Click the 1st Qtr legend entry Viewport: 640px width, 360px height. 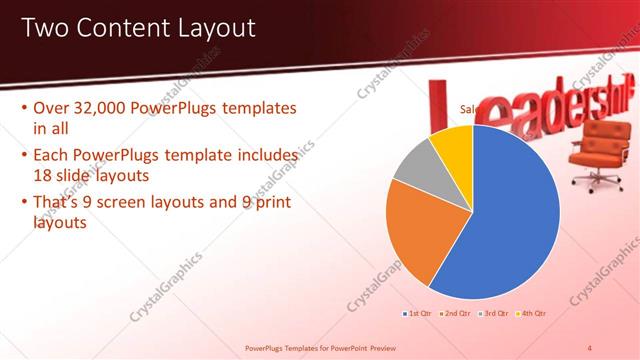[x=419, y=314]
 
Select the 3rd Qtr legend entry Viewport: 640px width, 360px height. [x=493, y=314]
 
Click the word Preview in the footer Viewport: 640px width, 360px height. [x=382, y=348]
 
